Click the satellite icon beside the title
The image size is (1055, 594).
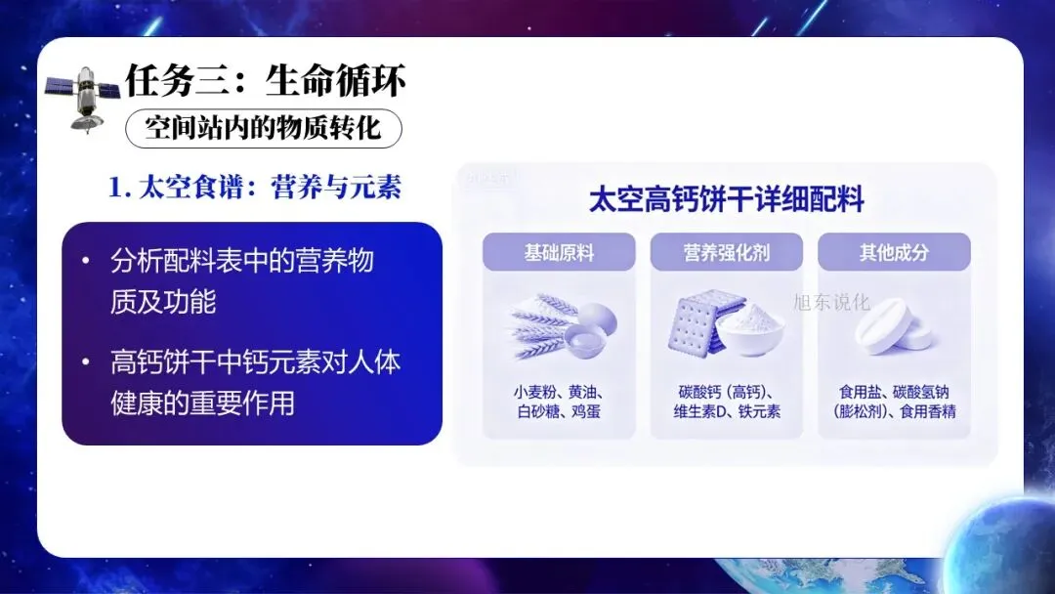coord(83,99)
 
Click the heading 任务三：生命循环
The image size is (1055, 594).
coord(266,81)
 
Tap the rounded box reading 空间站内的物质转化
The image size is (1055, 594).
coord(263,128)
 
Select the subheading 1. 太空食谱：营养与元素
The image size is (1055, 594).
coord(255,187)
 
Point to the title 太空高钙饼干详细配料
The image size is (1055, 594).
coord(726,200)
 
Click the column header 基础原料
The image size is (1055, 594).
coord(559,252)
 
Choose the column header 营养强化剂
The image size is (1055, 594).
coord(726,252)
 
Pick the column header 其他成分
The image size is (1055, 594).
coord(894,252)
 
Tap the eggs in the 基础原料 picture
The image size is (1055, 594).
coord(592,327)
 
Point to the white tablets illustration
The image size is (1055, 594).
coord(894,327)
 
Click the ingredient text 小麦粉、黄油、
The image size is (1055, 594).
coord(559,392)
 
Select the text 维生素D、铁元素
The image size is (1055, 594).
coord(727,411)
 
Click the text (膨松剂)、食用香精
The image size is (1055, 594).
coord(894,411)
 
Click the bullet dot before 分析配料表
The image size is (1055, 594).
coord(85,260)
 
